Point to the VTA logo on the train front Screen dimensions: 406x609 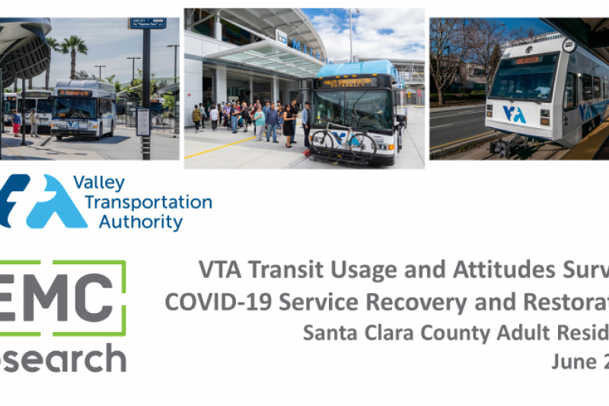(515, 114)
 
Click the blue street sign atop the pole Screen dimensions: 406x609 (147, 24)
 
